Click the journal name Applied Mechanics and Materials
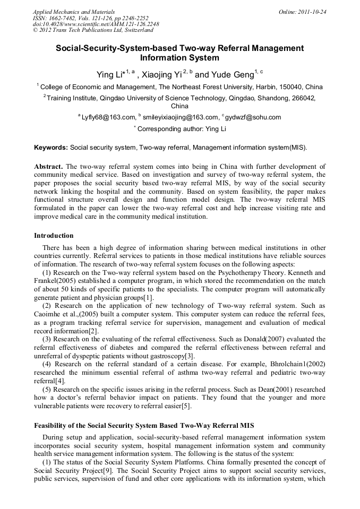tap(73, 11)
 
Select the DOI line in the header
tap(96, 24)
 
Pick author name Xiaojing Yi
tap(165, 75)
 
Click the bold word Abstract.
tap(48, 167)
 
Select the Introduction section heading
tap(54, 235)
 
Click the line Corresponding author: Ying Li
tap(182, 129)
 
